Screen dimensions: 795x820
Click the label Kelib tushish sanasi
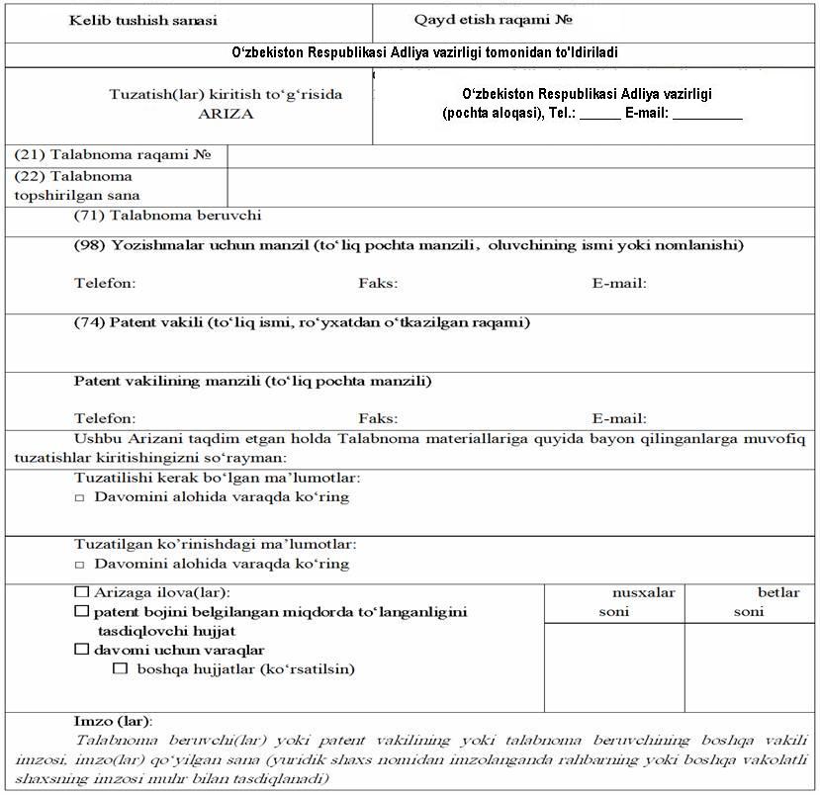[x=142, y=20]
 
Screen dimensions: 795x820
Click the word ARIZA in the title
[x=226, y=114]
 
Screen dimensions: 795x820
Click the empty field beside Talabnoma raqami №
[x=522, y=155]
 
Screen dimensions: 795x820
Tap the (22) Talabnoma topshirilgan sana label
[x=77, y=186]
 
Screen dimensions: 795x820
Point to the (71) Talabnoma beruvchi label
[x=167, y=215]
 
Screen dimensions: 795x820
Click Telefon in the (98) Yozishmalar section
[x=105, y=284]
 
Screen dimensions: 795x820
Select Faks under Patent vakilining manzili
[x=378, y=419]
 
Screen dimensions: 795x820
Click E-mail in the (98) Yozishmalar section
[x=619, y=284]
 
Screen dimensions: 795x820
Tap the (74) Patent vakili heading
[x=302, y=322]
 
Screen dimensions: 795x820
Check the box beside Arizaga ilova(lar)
[x=81, y=592]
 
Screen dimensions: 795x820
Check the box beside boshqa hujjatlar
[x=121, y=669]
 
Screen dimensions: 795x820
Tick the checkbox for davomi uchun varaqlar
[x=81, y=650]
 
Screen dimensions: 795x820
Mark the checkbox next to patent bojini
[x=81, y=612]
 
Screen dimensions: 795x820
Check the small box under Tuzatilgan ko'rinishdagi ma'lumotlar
[x=80, y=565]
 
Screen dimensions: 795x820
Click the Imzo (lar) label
[x=113, y=722]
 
